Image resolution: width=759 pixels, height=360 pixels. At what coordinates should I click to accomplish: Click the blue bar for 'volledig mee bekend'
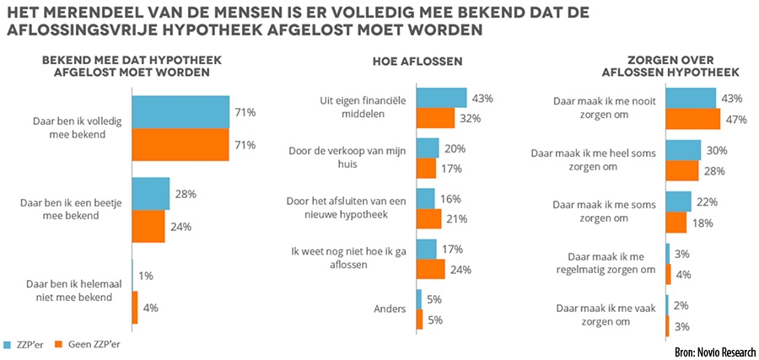(x=180, y=112)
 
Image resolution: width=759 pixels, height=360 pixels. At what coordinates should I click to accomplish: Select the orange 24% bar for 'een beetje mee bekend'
(x=148, y=226)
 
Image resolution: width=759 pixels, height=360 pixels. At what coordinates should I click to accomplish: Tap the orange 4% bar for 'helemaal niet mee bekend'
(x=135, y=309)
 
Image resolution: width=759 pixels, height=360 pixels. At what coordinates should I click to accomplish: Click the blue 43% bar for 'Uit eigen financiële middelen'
(x=441, y=98)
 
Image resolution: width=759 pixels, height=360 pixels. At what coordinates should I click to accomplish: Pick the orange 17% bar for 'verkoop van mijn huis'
(x=426, y=168)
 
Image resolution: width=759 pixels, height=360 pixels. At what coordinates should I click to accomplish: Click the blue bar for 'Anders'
(x=418, y=299)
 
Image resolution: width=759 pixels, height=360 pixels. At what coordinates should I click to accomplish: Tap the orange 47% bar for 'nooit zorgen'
(x=693, y=119)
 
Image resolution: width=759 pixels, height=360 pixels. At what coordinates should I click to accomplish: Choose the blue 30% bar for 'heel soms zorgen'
(x=683, y=150)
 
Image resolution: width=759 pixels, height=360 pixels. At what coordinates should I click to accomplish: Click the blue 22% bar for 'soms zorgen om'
(x=678, y=201)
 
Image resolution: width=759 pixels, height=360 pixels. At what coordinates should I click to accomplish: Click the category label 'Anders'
(x=391, y=309)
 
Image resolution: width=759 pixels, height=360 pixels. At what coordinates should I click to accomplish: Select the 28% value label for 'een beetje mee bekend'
(x=185, y=194)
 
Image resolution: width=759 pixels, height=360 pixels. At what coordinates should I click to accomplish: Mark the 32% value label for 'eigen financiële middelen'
(x=471, y=118)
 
